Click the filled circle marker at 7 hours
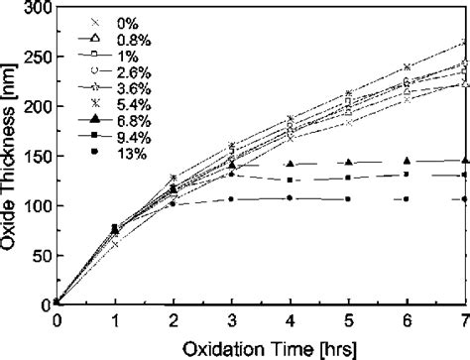click(464, 199)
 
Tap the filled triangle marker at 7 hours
click(464, 160)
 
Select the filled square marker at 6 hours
click(406, 175)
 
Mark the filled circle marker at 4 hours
click(290, 198)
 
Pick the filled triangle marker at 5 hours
click(348, 162)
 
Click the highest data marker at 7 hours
click(464, 43)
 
